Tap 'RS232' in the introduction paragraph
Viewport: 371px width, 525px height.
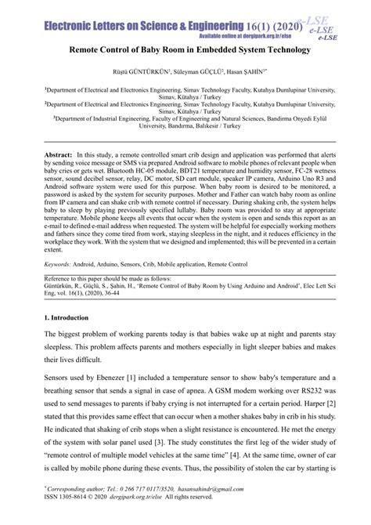(312, 413)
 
